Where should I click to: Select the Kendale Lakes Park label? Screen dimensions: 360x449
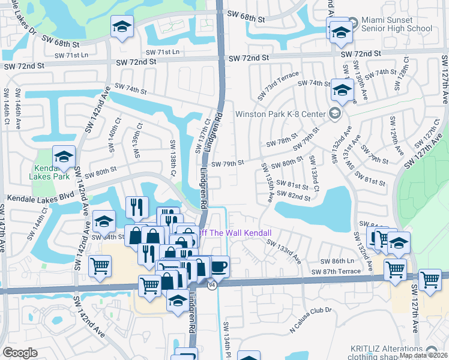[x=51, y=172]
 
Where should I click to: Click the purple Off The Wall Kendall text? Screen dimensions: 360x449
[x=235, y=233]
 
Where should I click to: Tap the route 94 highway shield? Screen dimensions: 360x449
[x=212, y=285]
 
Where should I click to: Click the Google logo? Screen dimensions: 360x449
[x=20, y=353]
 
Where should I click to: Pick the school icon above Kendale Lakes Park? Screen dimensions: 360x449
[x=64, y=158]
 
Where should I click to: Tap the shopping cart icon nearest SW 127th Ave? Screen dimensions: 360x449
[x=430, y=280]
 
